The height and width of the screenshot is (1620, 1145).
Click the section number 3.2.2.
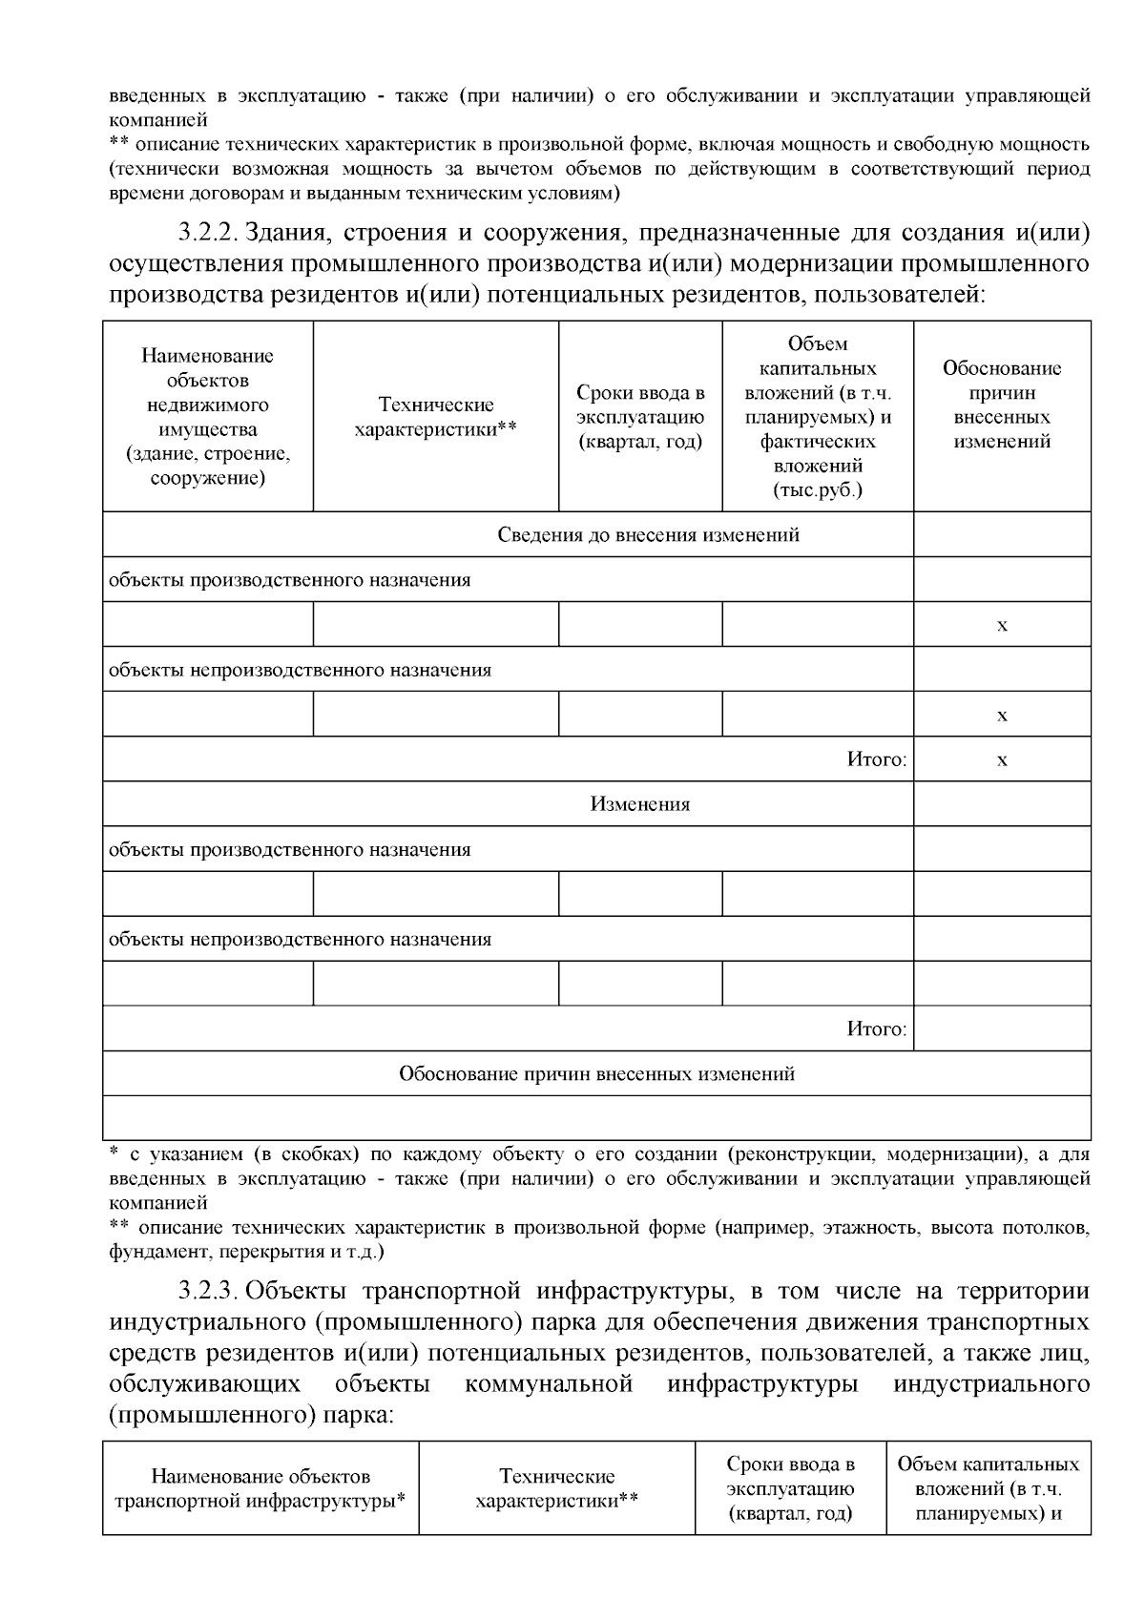[x=205, y=234]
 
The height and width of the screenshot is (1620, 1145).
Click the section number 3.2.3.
[x=205, y=1292]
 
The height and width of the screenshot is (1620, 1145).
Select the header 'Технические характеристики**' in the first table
[x=435, y=417]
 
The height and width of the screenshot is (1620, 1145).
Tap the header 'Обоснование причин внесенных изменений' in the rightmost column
[x=1002, y=405]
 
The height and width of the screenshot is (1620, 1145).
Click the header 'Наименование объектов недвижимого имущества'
[x=207, y=417]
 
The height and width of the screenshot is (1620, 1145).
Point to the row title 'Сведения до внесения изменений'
[x=648, y=534]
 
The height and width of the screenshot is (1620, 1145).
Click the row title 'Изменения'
[x=639, y=804]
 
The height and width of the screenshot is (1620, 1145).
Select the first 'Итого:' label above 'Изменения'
[x=876, y=759]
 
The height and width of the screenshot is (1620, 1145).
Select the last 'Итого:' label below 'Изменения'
[x=876, y=1028]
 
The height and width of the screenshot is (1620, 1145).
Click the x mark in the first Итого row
[x=1002, y=760]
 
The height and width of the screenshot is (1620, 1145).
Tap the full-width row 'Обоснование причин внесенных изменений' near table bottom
[x=596, y=1074]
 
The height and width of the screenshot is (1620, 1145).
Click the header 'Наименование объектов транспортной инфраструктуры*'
[x=260, y=1489]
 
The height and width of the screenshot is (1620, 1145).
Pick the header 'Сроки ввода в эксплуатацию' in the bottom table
[x=790, y=1489]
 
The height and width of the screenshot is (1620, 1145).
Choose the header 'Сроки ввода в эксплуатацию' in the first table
[x=640, y=417]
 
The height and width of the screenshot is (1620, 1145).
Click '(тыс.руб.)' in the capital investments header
[x=817, y=491]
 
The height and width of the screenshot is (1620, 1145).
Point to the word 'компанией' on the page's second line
[x=158, y=120]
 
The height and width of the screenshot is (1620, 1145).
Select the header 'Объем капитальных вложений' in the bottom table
[x=989, y=1489]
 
